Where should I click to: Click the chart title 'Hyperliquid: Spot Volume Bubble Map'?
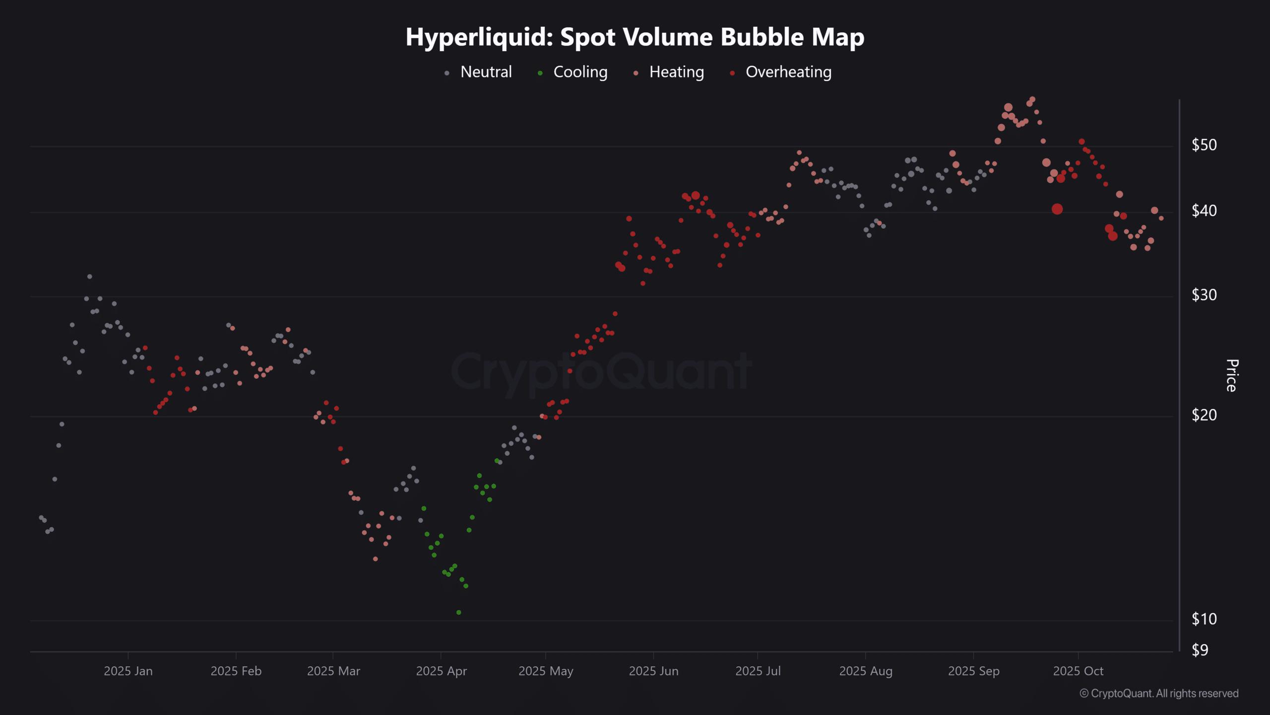click(635, 37)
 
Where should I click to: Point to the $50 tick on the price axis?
click(1204, 145)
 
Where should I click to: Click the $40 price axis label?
click(1204, 211)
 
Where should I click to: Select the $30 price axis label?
click(1204, 295)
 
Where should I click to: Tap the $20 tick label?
click(1204, 415)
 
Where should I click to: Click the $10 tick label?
click(1204, 619)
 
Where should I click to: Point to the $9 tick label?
click(1200, 650)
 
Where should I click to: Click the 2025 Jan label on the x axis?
click(128, 671)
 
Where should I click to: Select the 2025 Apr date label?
click(441, 671)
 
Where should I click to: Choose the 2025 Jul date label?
click(758, 671)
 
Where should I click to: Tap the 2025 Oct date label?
click(1078, 671)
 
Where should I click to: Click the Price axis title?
click(1232, 375)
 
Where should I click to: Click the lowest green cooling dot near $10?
click(458, 613)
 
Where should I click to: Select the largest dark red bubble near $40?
click(1057, 209)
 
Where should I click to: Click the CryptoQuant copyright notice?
click(1159, 694)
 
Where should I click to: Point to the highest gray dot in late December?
click(90, 277)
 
